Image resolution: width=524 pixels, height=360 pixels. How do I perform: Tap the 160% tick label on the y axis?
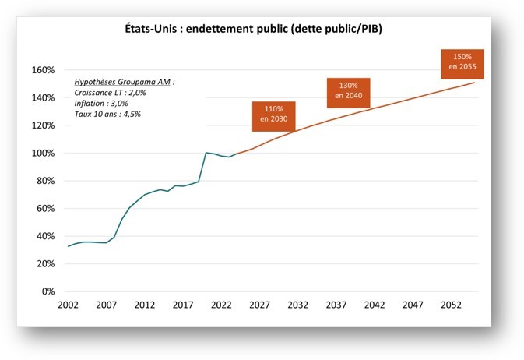pos(42,70)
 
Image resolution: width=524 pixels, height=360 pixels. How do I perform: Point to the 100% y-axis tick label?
pos(42,153)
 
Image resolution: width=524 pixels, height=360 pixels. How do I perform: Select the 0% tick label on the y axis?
pos(47,291)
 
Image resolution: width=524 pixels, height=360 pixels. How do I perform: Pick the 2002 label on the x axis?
pos(69,305)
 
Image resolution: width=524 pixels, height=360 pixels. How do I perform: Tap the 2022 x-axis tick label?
pos(222,305)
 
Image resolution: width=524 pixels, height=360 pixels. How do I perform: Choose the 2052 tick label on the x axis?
pos(451,305)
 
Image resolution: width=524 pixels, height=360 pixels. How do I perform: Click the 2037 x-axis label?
pos(336,305)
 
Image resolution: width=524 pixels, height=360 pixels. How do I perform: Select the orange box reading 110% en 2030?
pos(273,116)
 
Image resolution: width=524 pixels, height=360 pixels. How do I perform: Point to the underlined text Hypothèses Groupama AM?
pos(125,82)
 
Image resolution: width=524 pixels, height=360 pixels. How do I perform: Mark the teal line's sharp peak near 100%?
pos(206,153)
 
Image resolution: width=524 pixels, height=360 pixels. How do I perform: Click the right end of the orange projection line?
pos(474,83)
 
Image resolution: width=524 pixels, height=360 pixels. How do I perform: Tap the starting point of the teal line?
pos(69,246)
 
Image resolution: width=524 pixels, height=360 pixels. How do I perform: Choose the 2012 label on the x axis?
pos(145,305)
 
